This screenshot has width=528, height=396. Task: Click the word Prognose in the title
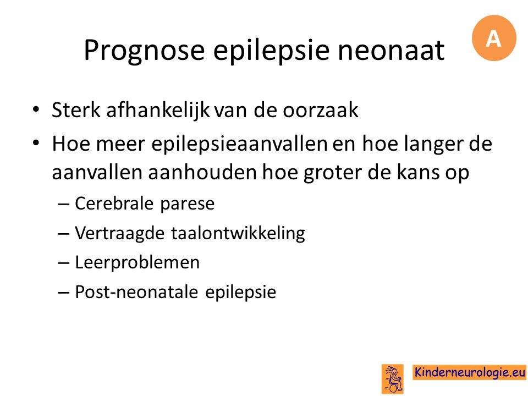click(x=145, y=51)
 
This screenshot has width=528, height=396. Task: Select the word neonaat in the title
click(x=391, y=51)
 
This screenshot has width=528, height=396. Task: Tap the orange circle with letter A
click(x=494, y=38)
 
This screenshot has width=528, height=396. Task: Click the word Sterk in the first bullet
click(x=76, y=109)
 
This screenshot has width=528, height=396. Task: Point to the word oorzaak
click(x=320, y=110)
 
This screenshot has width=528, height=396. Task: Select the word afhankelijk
click(x=158, y=110)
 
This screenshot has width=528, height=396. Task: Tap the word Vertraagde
click(x=119, y=233)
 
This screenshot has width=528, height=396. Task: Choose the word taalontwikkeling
click(x=238, y=233)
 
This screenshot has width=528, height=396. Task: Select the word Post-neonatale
click(x=137, y=291)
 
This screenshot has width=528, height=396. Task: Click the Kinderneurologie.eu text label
click(x=469, y=372)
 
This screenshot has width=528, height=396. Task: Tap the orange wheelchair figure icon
click(x=393, y=378)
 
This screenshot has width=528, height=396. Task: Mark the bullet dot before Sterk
click(x=36, y=110)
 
